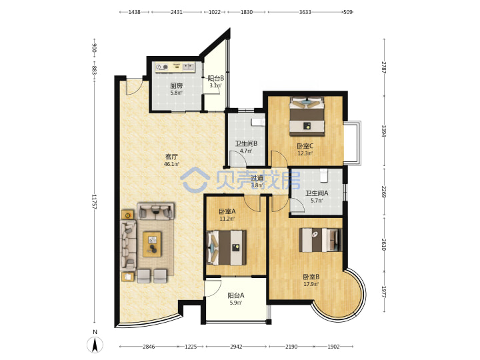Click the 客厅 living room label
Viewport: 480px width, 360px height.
pyautogui.click(x=171, y=157)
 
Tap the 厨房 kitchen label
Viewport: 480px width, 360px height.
pyautogui.click(x=177, y=86)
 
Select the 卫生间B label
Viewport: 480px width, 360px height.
pyautogui.click(x=246, y=143)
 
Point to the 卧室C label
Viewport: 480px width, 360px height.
pyautogui.click(x=305, y=146)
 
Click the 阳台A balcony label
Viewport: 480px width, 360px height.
pyautogui.click(x=236, y=295)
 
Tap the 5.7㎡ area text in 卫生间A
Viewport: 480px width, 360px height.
pyautogui.click(x=317, y=201)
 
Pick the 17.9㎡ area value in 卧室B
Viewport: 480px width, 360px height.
pyautogui.click(x=311, y=284)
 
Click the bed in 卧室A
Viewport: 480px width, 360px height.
pyautogui.click(x=227, y=247)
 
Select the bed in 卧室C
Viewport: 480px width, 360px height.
pyautogui.click(x=307, y=116)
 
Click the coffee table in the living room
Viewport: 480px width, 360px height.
pyautogui.click(x=152, y=244)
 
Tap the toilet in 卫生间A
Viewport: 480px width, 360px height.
pyautogui.click(x=323, y=175)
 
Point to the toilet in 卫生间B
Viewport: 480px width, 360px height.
pyautogui.click(x=258, y=122)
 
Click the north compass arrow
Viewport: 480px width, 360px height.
pyautogui.click(x=95, y=345)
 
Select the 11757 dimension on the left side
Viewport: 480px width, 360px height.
pyautogui.click(x=94, y=202)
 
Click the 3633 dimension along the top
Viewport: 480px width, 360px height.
pyautogui.click(x=305, y=12)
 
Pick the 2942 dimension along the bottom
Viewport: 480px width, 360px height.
pyautogui.click(x=236, y=347)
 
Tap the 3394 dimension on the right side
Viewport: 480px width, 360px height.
pyautogui.click(x=384, y=131)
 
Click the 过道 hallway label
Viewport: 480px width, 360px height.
pyautogui.click(x=257, y=178)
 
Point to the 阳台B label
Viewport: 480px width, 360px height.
pyautogui.click(x=216, y=79)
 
